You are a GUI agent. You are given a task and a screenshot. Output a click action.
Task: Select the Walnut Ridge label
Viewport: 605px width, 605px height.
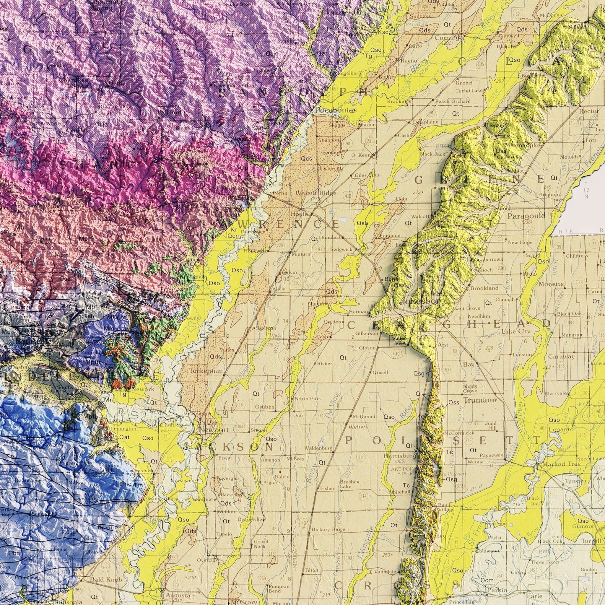(316, 193)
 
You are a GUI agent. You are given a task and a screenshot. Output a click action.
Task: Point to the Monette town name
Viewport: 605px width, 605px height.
(552, 284)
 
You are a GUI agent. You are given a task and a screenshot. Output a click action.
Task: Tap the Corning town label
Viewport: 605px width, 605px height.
(448, 38)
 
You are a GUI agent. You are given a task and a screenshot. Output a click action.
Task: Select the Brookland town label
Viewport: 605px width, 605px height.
(484, 288)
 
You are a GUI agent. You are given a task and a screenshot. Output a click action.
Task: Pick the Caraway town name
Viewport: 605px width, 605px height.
(562, 357)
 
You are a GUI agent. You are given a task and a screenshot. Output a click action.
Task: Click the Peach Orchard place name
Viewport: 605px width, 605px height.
(453, 101)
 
